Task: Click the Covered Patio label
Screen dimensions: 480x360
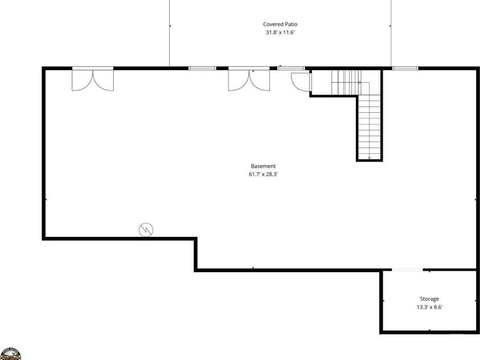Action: [280, 24]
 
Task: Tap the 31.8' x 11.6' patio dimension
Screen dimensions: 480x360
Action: [280, 32]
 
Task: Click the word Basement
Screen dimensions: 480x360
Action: [263, 166]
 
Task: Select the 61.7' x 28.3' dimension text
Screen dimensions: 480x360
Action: [263, 174]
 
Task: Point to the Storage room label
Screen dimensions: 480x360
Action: [429, 299]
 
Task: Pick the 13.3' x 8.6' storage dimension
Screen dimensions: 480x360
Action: [429, 307]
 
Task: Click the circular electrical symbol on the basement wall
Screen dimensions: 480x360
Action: [146, 230]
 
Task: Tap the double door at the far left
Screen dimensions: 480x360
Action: [93, 79]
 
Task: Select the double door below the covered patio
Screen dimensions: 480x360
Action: [249, 79]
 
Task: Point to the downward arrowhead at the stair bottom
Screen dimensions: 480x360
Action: [370, 158]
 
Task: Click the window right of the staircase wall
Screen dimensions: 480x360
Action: [405, 68]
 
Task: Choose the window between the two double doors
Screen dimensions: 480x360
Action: [202, 68]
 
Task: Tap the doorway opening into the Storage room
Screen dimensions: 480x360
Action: [407, 269]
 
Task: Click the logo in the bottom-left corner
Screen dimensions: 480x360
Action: [10, 354]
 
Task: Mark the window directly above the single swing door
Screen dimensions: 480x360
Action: [291, 68]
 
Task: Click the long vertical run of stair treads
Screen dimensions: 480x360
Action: [370, 126]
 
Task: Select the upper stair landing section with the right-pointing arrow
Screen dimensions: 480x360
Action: [347, 83]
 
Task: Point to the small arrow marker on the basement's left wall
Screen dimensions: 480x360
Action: [46, 199]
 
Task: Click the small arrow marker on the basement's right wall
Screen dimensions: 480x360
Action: [475, 199]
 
